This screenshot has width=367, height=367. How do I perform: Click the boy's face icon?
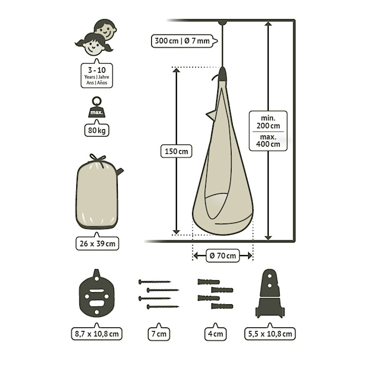[106, 29]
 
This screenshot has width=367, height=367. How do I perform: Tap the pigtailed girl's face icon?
[94, 45]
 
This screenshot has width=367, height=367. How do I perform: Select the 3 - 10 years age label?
[97, 76]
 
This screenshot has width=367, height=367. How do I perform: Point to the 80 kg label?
[97, 130]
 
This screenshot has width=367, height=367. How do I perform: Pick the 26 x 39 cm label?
[97, 244]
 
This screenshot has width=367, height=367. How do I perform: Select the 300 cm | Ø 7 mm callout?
[182, 41]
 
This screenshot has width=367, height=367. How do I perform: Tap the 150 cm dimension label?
[176, 151]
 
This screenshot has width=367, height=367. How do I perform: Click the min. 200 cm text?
[268, 122]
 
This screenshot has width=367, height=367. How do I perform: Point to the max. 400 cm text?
[268, 141]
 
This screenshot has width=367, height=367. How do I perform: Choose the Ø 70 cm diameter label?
[223, 255]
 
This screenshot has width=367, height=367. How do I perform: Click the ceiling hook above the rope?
[222, 23]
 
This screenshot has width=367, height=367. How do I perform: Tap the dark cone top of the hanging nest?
[222, 74]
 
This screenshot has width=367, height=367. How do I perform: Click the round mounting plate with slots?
[97, 293]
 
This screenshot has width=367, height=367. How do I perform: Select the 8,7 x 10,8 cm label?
[97, 334]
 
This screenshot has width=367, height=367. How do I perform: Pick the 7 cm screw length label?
[159, 334]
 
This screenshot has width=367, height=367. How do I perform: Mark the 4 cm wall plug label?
[215, 334]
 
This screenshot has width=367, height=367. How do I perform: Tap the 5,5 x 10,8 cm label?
[270, 334]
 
